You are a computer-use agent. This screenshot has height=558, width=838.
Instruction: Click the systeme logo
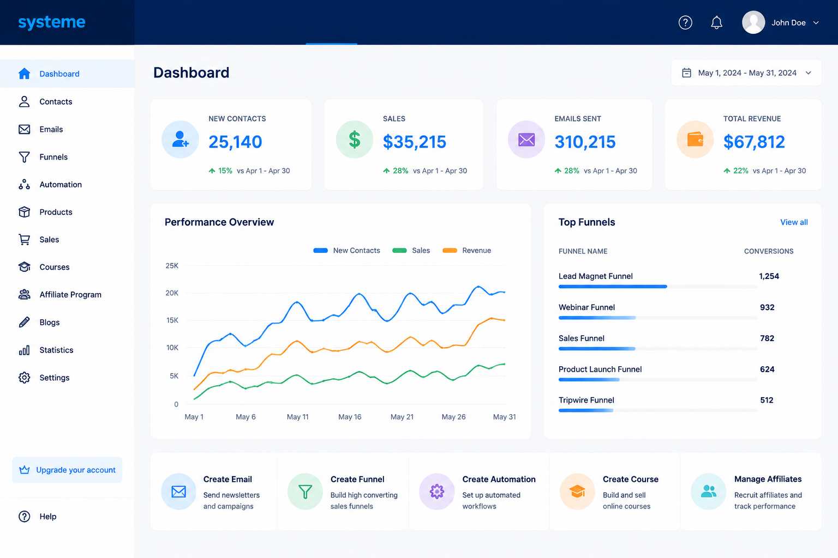52,22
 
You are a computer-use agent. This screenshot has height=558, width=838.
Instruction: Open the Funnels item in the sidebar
53,157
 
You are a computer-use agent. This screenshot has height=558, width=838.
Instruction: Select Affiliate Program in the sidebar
70,294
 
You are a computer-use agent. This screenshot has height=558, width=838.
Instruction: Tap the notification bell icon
716,22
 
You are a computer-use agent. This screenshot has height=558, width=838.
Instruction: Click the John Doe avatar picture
753,22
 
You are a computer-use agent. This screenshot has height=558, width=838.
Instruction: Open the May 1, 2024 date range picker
746,73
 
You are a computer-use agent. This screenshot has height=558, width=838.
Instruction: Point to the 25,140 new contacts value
235,142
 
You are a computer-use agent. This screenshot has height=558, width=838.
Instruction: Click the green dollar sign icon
354,139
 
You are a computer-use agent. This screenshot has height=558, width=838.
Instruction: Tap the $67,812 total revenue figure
754,142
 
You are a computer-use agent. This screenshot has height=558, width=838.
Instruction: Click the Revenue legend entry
466,251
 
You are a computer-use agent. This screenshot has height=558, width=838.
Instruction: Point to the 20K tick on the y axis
172,293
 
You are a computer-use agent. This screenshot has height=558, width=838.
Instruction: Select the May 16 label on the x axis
350,417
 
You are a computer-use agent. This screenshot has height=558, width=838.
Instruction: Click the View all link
794,222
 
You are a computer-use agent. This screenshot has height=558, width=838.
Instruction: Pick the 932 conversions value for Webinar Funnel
767,307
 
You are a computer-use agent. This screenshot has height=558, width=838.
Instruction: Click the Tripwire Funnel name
586,401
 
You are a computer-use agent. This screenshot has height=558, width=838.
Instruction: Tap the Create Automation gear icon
436,492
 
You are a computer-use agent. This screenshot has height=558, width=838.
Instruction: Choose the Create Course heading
630,479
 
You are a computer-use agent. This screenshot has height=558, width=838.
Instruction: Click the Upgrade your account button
67,470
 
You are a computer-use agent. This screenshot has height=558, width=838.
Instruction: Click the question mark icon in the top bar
685,22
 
